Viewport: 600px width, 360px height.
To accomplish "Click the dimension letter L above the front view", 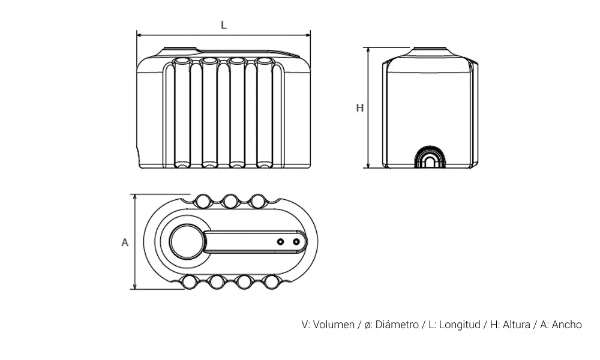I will tap(223, 25).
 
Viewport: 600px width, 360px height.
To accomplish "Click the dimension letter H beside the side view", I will tap(360, 108).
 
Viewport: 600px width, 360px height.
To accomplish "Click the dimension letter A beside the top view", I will tap(125, 242).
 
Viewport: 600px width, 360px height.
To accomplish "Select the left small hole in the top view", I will tap(280, 241).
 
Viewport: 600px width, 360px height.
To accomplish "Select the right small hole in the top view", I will tap(296, 241).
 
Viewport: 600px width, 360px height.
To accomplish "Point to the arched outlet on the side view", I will tap(430, 158).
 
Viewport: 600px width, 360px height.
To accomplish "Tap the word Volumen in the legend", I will tap(334, 325).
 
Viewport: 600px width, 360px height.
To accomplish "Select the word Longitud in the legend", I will tap(460, 325).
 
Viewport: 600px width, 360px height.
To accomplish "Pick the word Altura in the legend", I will tap(515, 325).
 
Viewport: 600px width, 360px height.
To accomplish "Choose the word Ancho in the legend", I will tap(566, 325).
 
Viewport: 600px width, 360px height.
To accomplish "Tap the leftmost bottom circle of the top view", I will tap(189, 282).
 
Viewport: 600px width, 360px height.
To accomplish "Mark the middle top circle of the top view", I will tap(230, 200).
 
